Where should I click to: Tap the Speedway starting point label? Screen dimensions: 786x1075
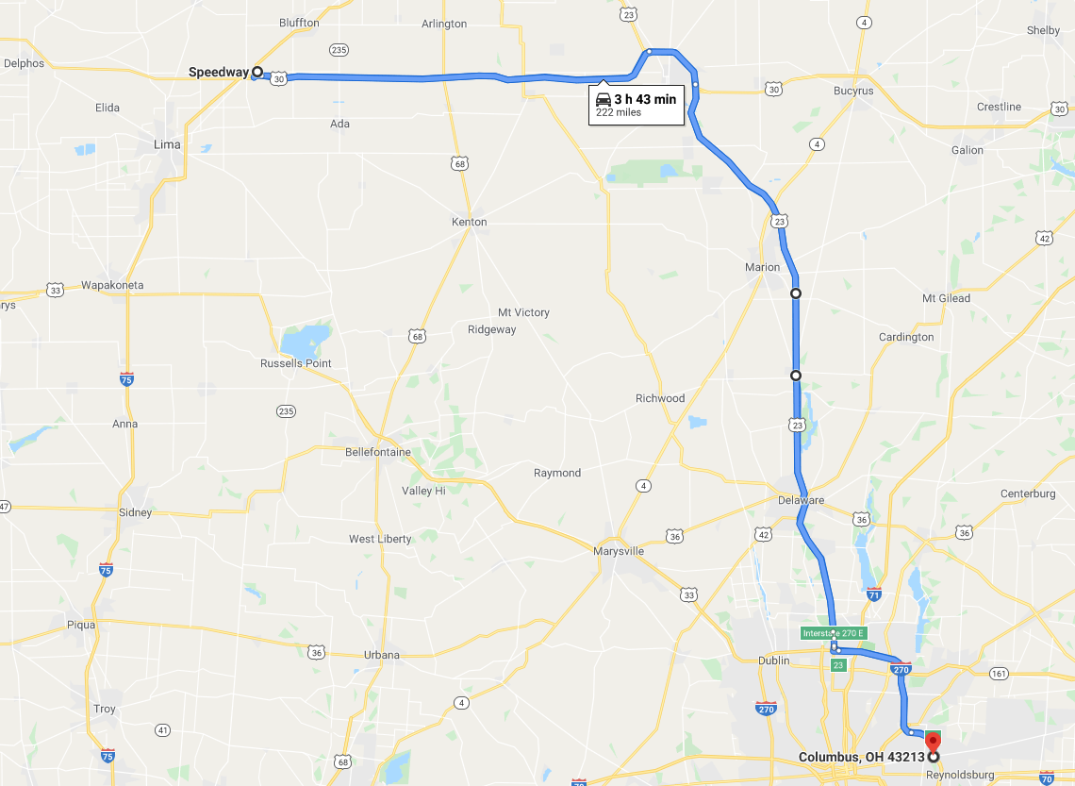[x=218, y=72]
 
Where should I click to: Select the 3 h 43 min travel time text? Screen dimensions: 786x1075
[x=645, y=99]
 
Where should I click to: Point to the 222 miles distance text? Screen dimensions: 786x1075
[x=619, y=112]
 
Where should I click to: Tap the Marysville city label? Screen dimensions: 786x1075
[x=619, y=551]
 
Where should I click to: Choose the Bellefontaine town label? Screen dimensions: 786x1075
[x=378, y=452]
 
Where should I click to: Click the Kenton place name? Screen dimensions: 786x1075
[x=470, y=222]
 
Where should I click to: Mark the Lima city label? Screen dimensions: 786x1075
[x=167, y=144]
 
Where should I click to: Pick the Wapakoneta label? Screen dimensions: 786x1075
[x=112, y=284]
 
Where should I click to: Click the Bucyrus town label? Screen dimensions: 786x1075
[x=852, y=91]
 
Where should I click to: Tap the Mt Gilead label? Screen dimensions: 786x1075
[x=946, y=298]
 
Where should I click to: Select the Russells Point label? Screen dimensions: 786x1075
[x=296, y=363]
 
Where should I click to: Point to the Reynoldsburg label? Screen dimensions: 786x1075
[x=960, y=775]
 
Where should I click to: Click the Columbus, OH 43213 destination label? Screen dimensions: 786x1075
[x=861, y=757]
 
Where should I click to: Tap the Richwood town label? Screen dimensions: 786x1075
[x=660, y=398]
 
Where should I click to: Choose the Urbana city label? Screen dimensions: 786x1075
[x=382, y=655]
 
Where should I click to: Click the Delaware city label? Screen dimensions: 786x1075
[x=802, y=500]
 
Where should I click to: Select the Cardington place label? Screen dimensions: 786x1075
[x=906, y=337]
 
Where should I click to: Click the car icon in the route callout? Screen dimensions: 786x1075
[x=603, y=99]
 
